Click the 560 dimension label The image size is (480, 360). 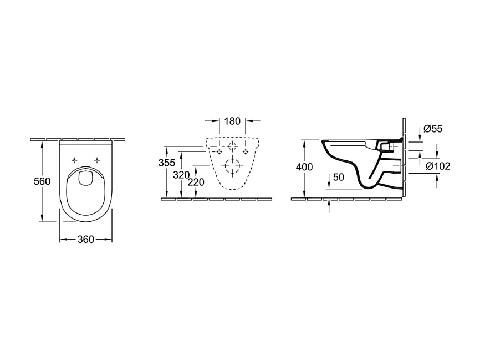coord(42,181)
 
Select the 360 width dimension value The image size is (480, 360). coord(85,240)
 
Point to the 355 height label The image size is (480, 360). coord(166,163)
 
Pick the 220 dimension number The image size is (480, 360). coord(196,182)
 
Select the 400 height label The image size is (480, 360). coord(304,167)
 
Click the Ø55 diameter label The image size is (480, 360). coord(432,129)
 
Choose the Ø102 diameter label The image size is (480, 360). coord(438,165)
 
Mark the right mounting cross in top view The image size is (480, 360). coord(98,160)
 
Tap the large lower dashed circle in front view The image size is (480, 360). coord(232,165)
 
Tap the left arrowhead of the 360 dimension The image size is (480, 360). coord(62,240)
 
